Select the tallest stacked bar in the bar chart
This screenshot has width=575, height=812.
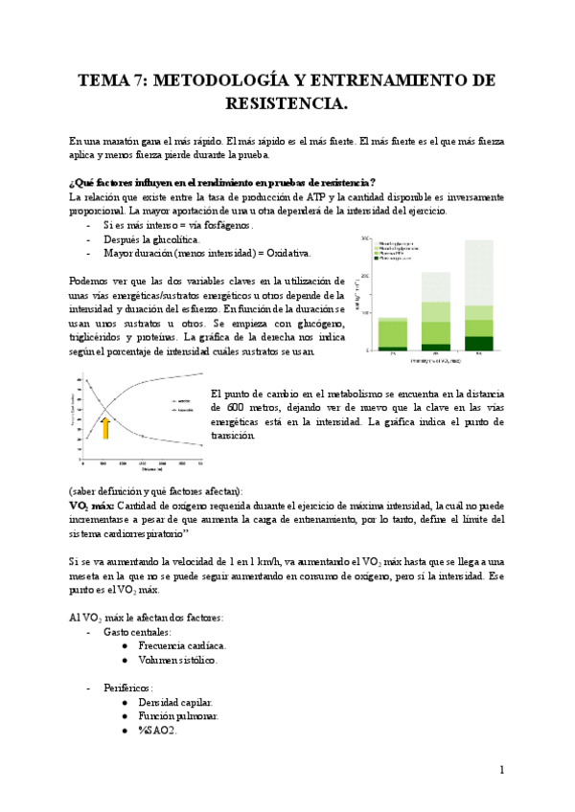coord(478,296)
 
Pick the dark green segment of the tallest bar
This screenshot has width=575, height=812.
coord(478,343)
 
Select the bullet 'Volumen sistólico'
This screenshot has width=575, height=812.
coord(177,660)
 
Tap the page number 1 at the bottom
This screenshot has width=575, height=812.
coord(501,770)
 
